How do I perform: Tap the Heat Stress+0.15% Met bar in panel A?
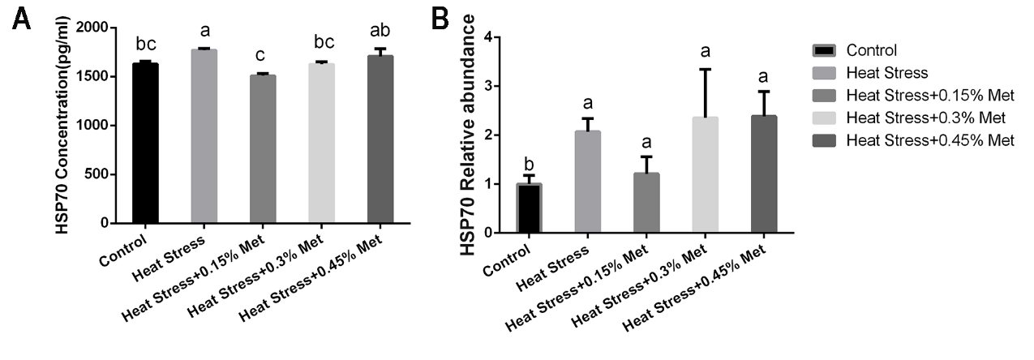point(263,149)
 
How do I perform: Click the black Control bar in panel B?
point(529,208)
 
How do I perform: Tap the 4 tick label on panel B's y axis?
point(488,37)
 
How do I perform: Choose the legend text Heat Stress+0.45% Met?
point(929,140)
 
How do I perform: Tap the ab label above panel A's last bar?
point(381,31)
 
